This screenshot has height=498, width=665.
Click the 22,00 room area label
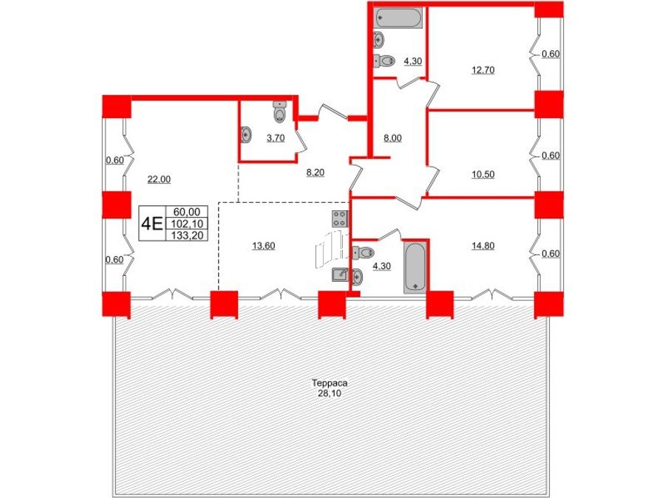pos(159,179)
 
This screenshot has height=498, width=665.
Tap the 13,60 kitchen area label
pos(263,246)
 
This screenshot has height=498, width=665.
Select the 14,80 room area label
pos(483,246)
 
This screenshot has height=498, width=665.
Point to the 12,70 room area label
pos(483,70)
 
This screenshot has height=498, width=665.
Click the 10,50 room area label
pos(483,174)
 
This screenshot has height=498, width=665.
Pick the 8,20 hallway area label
pos(316,173)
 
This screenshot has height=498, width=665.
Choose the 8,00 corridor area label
pos(392,138)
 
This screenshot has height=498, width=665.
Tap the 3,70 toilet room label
pos(276,138)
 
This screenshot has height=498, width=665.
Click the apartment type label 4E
pos(151,223)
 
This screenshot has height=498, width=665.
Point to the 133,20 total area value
pos(187,235)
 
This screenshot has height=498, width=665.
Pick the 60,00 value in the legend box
pos(187,211)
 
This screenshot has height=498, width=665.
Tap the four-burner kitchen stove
pos(340,218)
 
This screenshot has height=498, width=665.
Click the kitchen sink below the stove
pos(340,275)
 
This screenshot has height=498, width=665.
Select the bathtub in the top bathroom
pos(398,18)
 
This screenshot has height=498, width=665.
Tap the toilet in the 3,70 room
pos(279,112)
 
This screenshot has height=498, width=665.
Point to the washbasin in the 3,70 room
pos(246,135)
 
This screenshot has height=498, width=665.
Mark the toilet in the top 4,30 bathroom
pos(384,61)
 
